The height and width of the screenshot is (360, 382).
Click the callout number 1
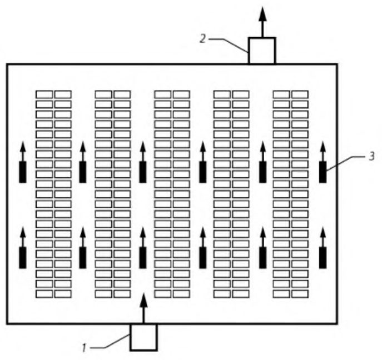[84, 348]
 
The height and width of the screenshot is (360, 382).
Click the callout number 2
[203, 39]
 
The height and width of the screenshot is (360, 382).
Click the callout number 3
[371, 156]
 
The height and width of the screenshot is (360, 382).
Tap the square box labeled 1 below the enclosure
[143, 337]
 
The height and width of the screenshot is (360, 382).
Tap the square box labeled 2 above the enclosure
[262, 51]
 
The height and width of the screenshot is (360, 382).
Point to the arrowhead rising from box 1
[144, 299]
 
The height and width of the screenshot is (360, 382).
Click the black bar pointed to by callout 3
[323, 172]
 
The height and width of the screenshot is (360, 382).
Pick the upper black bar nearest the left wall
[23, 172]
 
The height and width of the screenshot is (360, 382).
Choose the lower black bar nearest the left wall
[23, 258]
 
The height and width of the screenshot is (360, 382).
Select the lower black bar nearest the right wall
[323, 258]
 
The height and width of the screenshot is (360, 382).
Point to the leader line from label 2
[229, 45]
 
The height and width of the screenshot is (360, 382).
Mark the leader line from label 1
[110, 341]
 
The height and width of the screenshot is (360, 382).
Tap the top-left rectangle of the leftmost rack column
[44, 94]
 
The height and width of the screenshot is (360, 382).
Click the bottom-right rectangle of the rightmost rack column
[300, 294]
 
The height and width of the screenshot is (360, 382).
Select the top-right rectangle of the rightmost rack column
[300, 94]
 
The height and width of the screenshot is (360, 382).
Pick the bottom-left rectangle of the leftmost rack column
[44, 294]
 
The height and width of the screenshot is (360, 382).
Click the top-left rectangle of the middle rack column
[163, 94]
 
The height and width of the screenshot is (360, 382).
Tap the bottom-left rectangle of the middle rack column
[163, 294]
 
